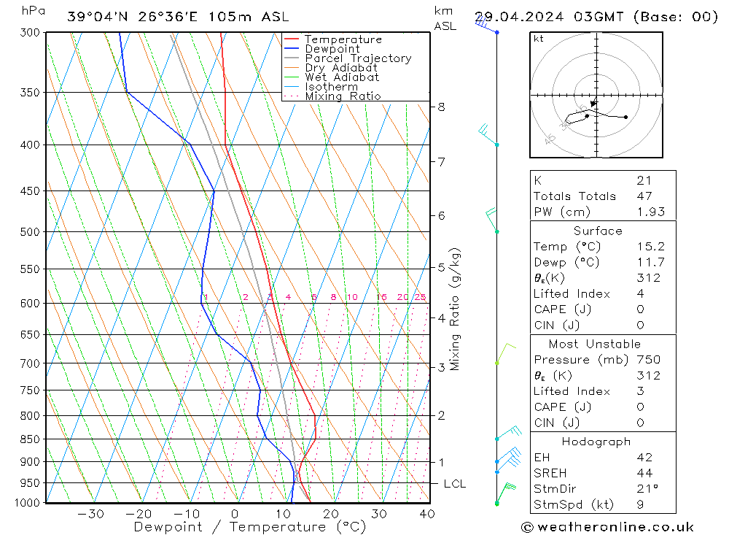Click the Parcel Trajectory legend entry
[x=358, y=58]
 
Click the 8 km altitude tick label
[x=441, y=107]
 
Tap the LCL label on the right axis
[x=454, y=484]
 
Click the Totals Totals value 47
[x=644, y=196]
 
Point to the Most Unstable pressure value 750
[x=647, y=359]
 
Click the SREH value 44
[x=644, y=473]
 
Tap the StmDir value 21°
[x=647, y=489]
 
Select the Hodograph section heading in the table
[x=597, y=442]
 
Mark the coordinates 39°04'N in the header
[x=93, y=17]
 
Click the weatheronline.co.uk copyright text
[x=608, y=526]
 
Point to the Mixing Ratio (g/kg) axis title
[x=456, y=309]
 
